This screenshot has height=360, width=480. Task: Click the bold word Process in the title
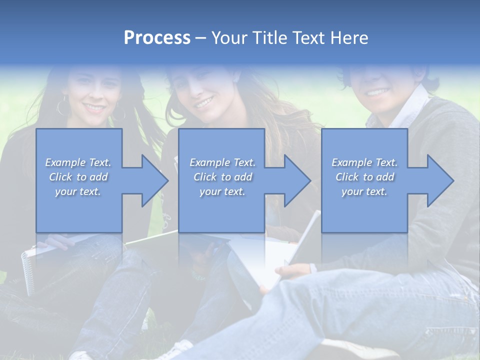157,38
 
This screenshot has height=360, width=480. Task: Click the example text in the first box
78,177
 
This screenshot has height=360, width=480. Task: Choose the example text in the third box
364,177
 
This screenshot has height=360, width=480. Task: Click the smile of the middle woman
204,103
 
